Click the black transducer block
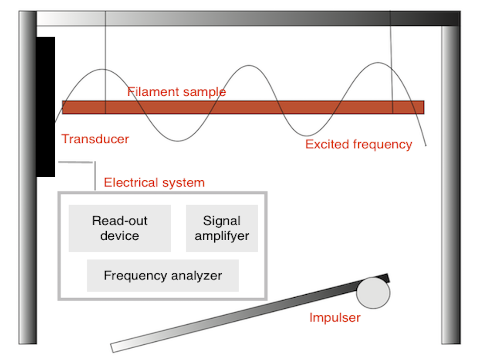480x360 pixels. (46, 107)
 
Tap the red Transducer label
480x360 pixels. (95, 139)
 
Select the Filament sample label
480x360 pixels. (177, 92)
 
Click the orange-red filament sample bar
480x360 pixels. (243, 108)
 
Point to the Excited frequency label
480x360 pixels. (359, 145)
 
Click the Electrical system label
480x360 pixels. (154, 182)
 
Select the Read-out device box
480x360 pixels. (120, 228)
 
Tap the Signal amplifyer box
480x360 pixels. (222, 228)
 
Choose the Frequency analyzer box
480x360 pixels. (163, 276)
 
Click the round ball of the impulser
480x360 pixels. (373, 293)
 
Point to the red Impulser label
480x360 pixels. (335, 317)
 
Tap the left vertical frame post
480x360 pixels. (27, 178)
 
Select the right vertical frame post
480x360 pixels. (451, 185)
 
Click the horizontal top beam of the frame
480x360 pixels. (248, 18)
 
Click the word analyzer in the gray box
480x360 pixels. (196, 276)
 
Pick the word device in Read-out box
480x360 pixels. (120, 236)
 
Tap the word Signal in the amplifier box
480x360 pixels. (222, 221)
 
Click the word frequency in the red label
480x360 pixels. (382, 145)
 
